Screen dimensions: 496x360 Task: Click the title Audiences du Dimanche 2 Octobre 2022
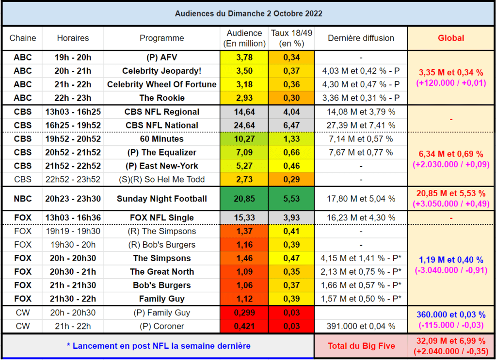click(x=249, y=14)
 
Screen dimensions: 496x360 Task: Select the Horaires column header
click(x=73, y=38)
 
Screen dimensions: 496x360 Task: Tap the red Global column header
click(x=451, y=38)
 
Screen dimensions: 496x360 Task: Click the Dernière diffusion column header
click(x=361, y=38)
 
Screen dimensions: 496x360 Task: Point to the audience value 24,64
click(x=244, y=125)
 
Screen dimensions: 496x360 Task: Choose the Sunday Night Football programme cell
click(x=161, y=199)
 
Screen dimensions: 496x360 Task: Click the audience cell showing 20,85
click(x=244, y=199)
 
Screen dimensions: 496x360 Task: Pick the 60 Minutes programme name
click(x=161, y=139)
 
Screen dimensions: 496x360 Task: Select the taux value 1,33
click(x=291, y=139)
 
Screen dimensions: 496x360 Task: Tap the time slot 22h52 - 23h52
click(x=73, y=179)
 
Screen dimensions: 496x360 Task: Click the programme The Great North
click(x=161, y=271)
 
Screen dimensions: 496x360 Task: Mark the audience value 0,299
click(x=244, y=313)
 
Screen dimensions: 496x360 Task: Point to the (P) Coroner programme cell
click(x=161, y=326)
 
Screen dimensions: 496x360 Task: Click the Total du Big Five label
click(x=361, y=346)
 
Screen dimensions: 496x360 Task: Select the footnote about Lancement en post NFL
click(x=159, y=346)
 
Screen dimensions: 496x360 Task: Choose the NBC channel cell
click(x=22, y=199)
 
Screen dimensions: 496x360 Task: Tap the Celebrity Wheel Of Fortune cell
click(x=161, y=84)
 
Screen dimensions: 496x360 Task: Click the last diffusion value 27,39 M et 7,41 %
click(x=361, y=125)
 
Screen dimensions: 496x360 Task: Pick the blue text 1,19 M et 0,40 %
click(x=451, y=260)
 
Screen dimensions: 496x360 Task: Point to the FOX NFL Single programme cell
click(x=161, y=218)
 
